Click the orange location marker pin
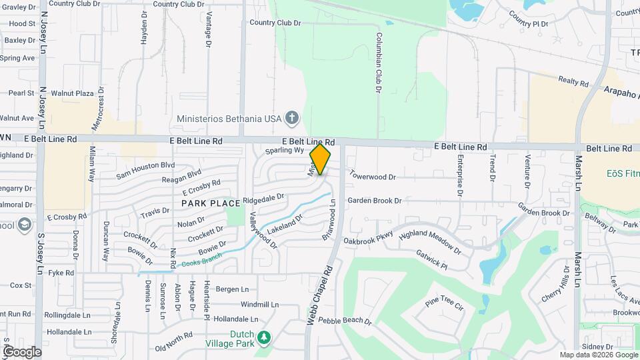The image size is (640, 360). pyautogui.click(x=321, y=159)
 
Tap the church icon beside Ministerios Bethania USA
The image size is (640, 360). pyautogui.click(x=291, y=119)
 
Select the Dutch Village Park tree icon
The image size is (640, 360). pyautogui.click(x=265, y=338)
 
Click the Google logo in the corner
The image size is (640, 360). pyautogui.click(x=21, y=351)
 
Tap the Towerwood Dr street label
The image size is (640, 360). pyautogui.click(x=373, y=177)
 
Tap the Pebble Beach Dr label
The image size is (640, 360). pyautogui.click(x=345, y=321)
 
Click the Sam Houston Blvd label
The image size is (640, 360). pyautogui.click(x=145, y=170)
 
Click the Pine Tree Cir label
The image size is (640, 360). pyautogui.click(x=444, y=305)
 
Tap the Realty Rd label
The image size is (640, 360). pyautogui.click(x=573, y=82)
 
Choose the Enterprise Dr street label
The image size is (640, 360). pyautogui.click(x=460, y=175)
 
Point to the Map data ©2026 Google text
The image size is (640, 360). pyautogui.click(x=597, y=355)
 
